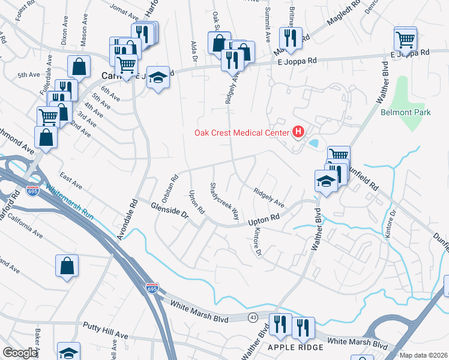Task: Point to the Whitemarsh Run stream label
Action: tap(71, 200)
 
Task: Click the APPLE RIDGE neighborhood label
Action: tap(296, 347)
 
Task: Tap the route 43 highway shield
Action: tap(253, 316)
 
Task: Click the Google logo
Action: tap(20, 353)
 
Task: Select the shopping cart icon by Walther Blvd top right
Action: tap(406, 40)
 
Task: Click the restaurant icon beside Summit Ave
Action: tap(290, 37)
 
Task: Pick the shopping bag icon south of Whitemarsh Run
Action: tap(67, 265)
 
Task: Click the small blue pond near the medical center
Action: tap(314, 143)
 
